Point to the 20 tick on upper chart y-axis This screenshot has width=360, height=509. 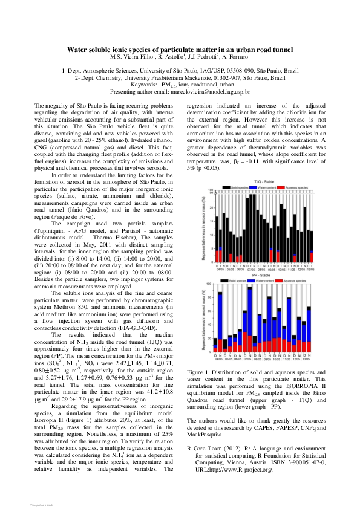coord(211,207)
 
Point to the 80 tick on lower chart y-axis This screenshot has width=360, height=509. coord(209,297)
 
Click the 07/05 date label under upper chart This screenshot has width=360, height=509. coord(252,268)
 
